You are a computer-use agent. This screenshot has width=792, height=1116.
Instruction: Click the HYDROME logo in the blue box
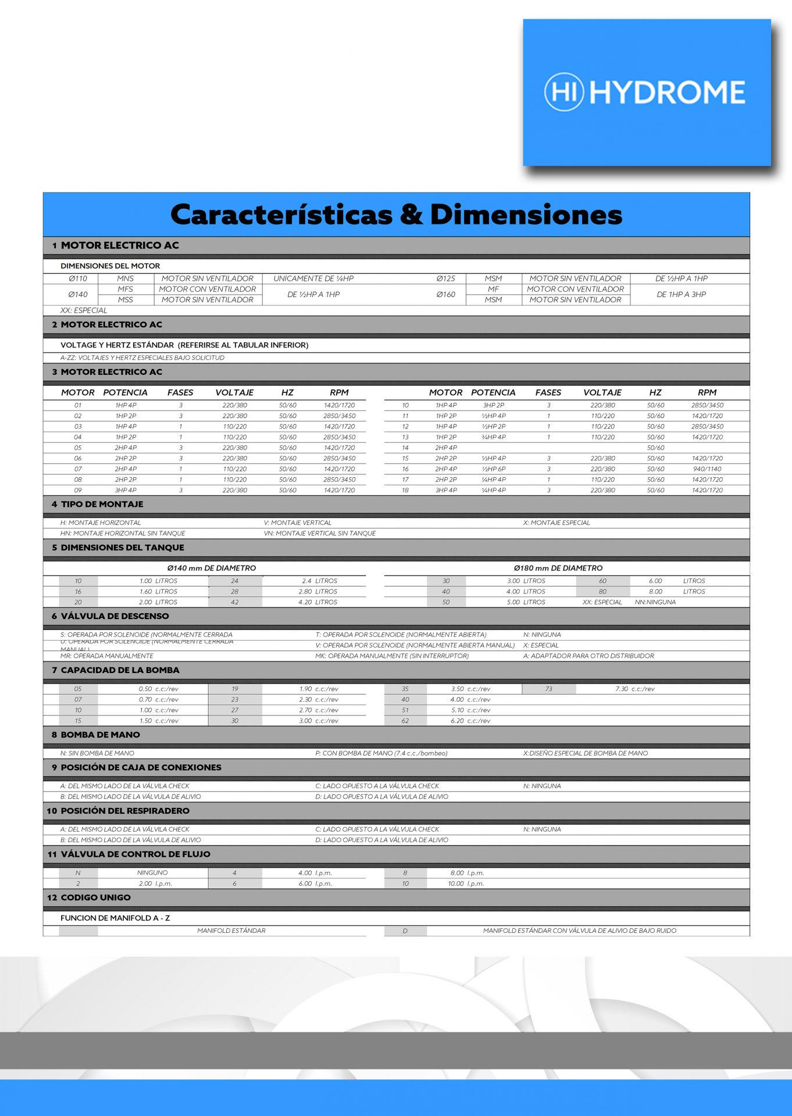[x=645, y=92]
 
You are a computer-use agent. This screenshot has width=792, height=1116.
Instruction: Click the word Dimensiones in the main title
[x=526, y=214]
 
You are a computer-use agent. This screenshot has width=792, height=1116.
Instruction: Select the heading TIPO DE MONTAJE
[x=102, y=504]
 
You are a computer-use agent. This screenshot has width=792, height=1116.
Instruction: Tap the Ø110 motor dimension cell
[x=78, y=278]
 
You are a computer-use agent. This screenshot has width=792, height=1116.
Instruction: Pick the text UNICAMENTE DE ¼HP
[x=313, y=278]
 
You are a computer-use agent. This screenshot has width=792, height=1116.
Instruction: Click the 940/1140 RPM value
[x=707, y=468]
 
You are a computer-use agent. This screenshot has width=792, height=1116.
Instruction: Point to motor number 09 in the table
[x=78, y=490]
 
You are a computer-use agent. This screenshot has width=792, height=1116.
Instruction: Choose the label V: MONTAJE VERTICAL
[x=298, y=523]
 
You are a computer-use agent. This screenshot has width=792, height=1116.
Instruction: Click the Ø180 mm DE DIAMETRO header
[x=558, y=568]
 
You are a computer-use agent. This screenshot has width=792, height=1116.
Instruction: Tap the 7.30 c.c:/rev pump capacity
[x=634, y=689]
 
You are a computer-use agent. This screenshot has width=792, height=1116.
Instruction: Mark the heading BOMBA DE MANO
[x=100, y=735]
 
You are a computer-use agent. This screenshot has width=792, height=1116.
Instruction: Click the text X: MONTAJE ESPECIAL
[x=556, y=523]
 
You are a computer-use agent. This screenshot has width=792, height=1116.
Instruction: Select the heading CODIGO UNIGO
[x=95, y=897]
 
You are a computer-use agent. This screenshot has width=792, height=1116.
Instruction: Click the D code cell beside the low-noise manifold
[x=405, y=931]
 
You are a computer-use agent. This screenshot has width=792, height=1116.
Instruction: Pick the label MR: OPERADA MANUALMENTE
[x=107, y=656]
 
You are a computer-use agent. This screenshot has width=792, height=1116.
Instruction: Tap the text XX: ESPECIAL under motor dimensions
[x=84, y=310]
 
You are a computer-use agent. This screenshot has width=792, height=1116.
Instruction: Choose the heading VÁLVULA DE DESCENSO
[x=115, y=616]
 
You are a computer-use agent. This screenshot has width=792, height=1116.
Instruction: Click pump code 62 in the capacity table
[x=405, y=721]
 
